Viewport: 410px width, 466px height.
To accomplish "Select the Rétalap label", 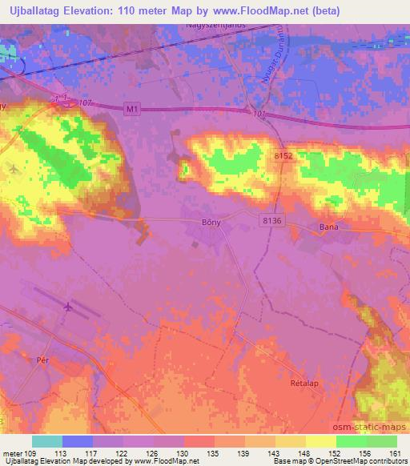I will click(304, 384).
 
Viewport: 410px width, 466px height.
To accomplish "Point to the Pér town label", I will click(44, 360).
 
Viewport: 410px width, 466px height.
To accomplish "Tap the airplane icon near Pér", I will click(67, 307).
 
